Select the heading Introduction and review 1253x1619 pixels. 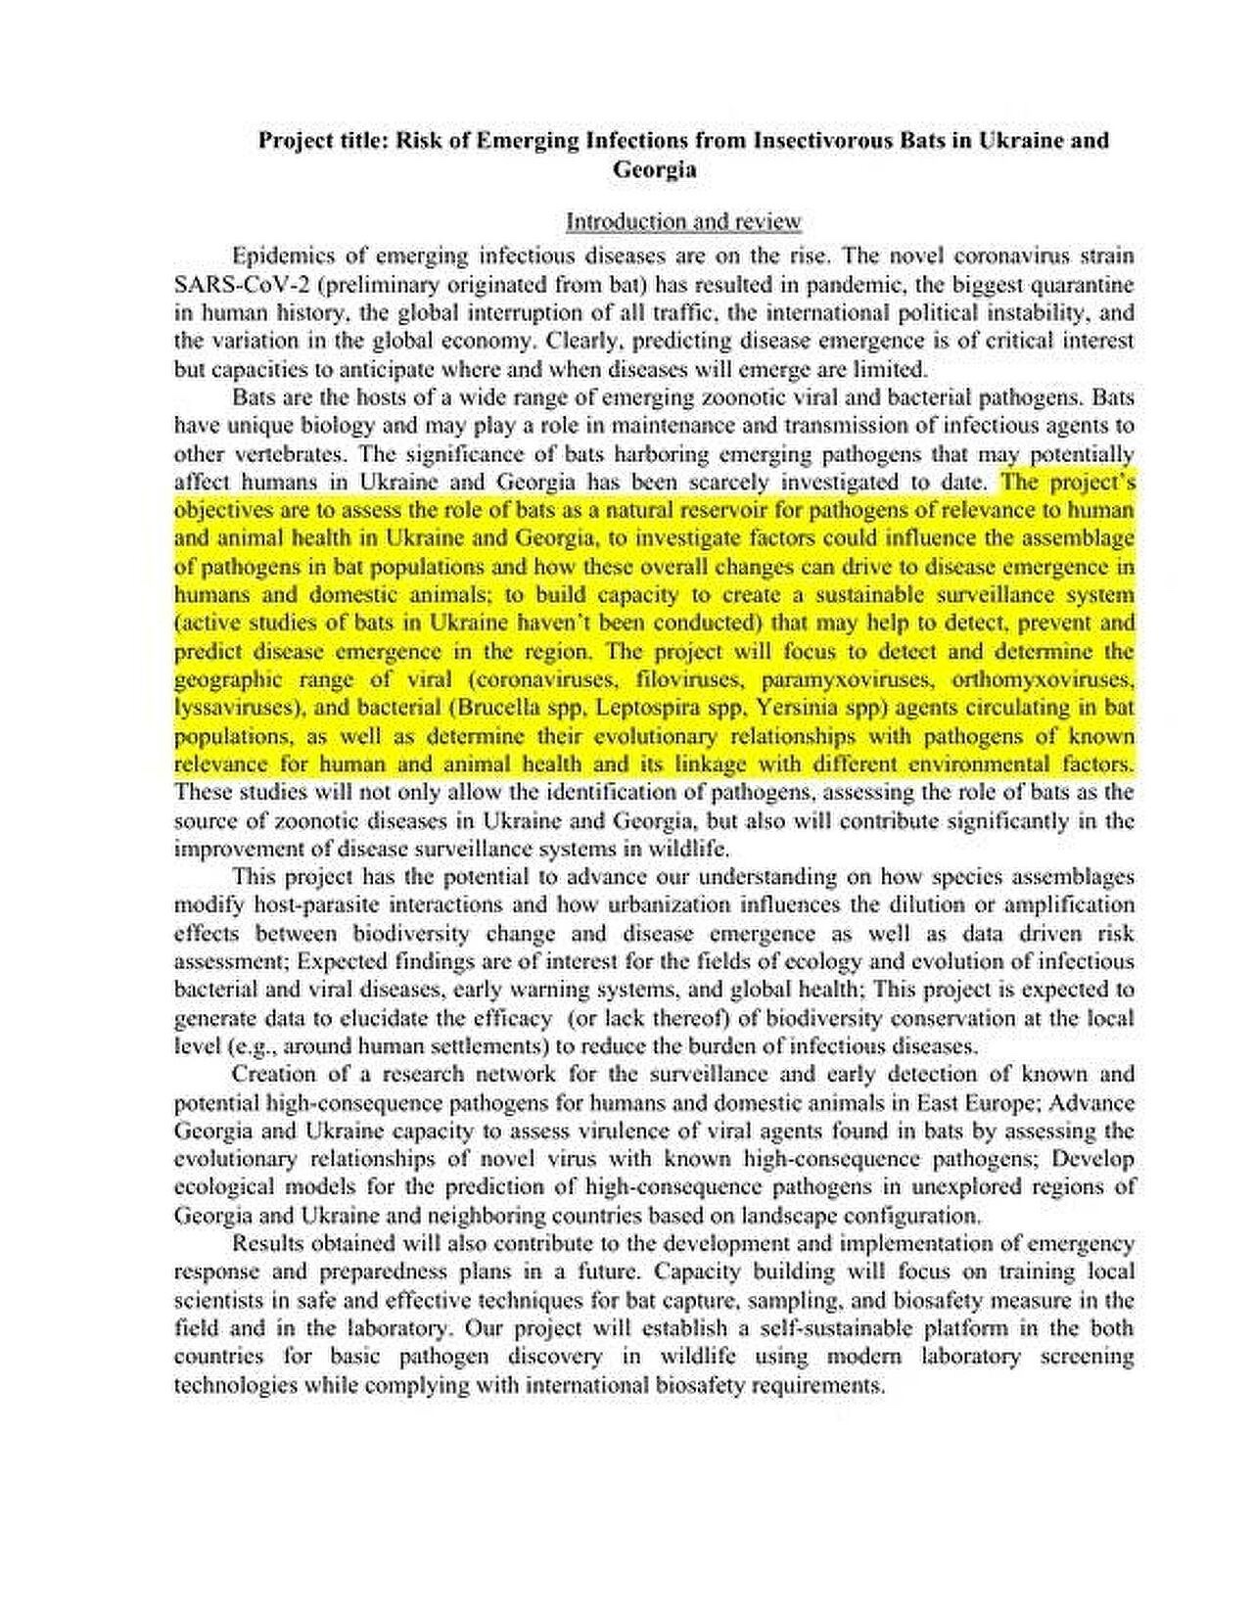[683, 221]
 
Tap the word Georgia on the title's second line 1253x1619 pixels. [655, 169]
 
